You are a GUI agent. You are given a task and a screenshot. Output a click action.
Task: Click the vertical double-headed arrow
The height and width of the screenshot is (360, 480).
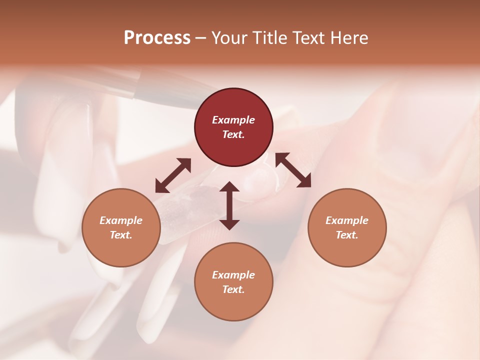coord(229,205)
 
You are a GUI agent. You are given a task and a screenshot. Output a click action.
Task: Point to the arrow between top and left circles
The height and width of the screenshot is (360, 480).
coord(173,175)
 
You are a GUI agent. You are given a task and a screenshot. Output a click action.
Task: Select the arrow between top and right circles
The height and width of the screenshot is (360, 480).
coord(293,170)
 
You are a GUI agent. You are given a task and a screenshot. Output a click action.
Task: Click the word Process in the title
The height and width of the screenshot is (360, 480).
coord(157,38)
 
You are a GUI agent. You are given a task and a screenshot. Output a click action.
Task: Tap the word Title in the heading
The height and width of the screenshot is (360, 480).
coord(269,38)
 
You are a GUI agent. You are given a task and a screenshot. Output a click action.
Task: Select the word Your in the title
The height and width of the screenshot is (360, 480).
coord(229,38)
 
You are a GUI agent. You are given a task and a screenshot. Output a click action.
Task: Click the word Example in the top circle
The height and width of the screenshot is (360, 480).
coord(233,120)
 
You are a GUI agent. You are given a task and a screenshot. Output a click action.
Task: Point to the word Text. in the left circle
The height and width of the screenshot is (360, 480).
coord(121,235)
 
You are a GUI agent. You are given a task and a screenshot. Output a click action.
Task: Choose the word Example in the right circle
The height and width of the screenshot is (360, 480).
coord(347,220)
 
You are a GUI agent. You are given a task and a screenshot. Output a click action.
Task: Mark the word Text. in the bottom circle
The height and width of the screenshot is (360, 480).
coord(233,289)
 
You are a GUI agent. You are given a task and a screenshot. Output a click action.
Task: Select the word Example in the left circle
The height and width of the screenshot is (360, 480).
coord(121,220)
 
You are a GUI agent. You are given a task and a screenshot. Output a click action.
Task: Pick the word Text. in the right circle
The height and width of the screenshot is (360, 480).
coord(347,235)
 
